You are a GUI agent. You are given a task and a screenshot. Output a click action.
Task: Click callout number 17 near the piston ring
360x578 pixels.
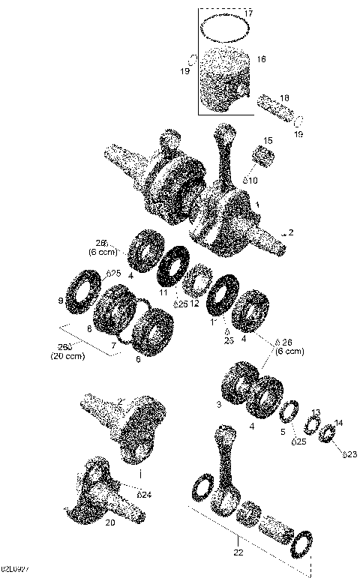coord(249,13)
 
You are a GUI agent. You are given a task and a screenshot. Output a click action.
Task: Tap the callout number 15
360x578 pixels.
coord(268,141)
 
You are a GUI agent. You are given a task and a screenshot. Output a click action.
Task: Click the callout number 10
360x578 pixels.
coord(252,181)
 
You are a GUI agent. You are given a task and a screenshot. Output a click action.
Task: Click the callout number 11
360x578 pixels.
coord(163,292)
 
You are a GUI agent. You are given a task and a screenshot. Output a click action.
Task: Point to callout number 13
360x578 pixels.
coord(316,412)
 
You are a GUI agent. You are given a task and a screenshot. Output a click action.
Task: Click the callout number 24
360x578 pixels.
coord(145,494)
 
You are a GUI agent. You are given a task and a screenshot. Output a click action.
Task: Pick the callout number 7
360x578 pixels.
coord(113,346)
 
